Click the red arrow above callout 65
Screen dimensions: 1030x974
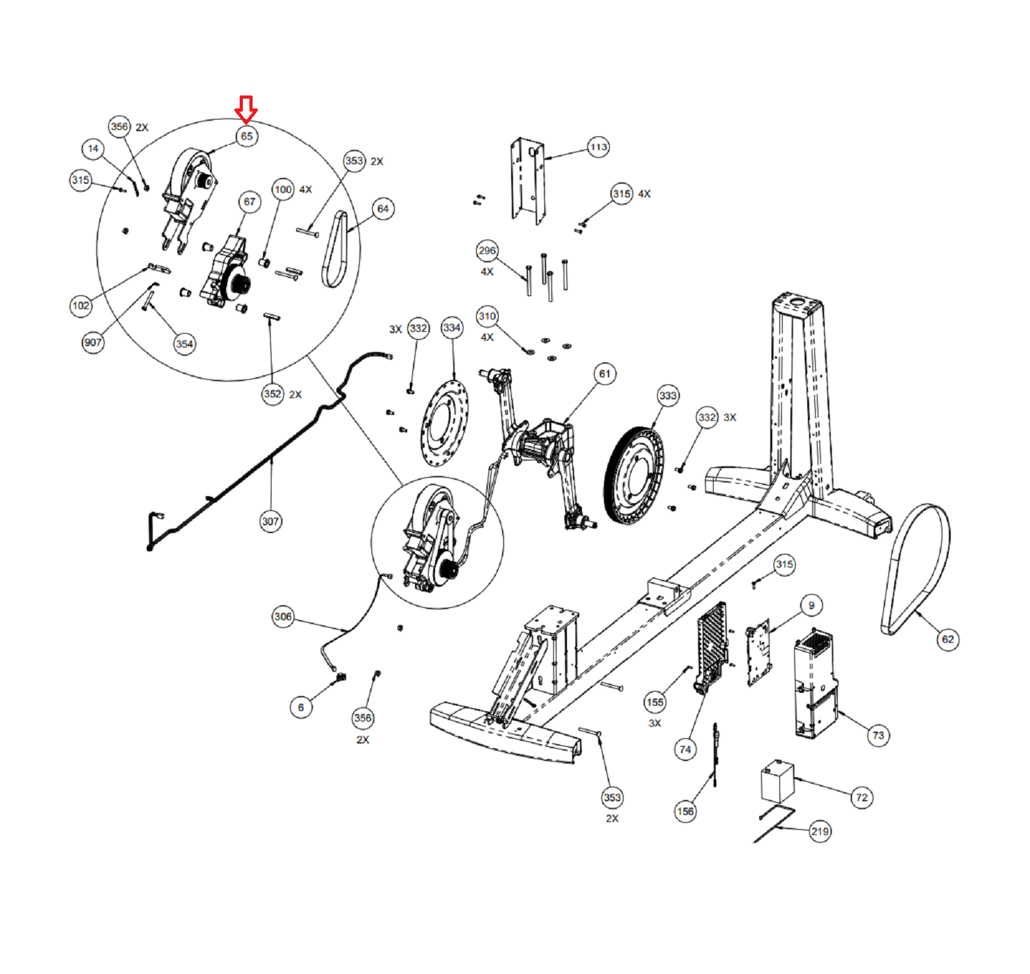coord(246,110)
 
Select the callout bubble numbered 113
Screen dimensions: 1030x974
coord(598,147)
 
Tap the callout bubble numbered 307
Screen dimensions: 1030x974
coord(271,521)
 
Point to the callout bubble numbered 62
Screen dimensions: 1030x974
coord(948,640)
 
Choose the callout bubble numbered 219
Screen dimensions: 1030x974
coord(820,832)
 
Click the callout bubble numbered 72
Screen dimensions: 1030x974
coord(862,798)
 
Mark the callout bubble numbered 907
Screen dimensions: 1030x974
coord(93,343)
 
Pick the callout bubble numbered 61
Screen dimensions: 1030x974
coord(605,374)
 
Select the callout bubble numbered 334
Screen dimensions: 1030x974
coord(452,328)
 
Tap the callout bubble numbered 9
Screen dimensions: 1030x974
coord(811,606)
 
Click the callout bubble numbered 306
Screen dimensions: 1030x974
coord(283,617)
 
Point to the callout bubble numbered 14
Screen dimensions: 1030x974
coord(93,149)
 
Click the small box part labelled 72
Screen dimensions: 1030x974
coord(778,782)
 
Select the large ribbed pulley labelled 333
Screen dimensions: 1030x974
coord(634,475)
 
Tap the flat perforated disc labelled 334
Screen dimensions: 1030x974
coord(444,423)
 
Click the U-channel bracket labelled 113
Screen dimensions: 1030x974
coord(527,181)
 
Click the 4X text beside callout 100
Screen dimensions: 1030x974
coord(305,190)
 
